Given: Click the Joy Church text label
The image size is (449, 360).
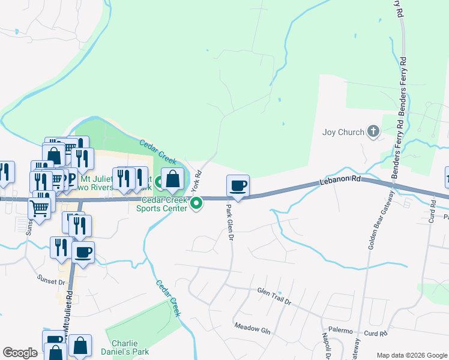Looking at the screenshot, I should [343, 132].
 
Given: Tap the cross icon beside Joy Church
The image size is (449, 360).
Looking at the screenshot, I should [373, 131].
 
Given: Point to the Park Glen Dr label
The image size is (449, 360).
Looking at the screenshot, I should [229, 221].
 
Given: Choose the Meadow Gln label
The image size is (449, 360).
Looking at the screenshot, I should [253, 328].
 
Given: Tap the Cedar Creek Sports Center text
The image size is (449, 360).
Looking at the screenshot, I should [162, 204].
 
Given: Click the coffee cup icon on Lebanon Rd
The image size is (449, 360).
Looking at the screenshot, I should [238, 185].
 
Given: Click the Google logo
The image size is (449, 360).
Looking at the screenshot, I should [20, 353].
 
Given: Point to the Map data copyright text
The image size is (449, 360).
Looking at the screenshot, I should [411, 355].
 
